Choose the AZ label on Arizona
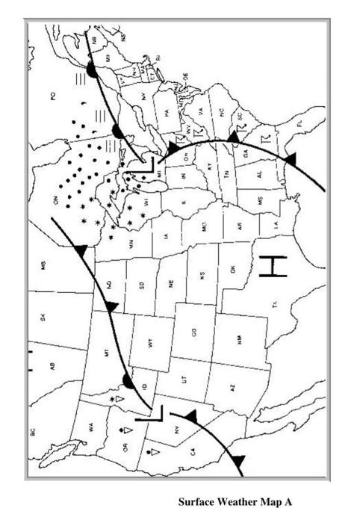click(234, 389)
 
